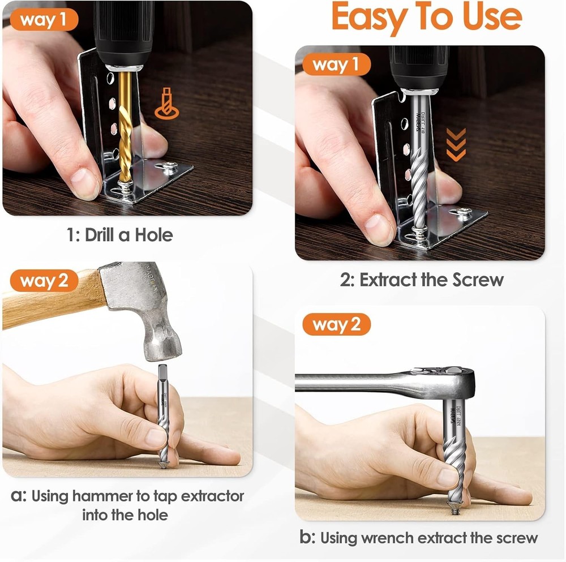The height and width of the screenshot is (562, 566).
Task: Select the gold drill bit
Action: pos(125,130)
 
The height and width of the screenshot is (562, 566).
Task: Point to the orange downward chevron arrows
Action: pos(456,144)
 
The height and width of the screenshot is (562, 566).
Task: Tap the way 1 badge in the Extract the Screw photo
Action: pos(336,65)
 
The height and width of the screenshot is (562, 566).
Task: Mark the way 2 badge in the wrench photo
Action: pos(336,325)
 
